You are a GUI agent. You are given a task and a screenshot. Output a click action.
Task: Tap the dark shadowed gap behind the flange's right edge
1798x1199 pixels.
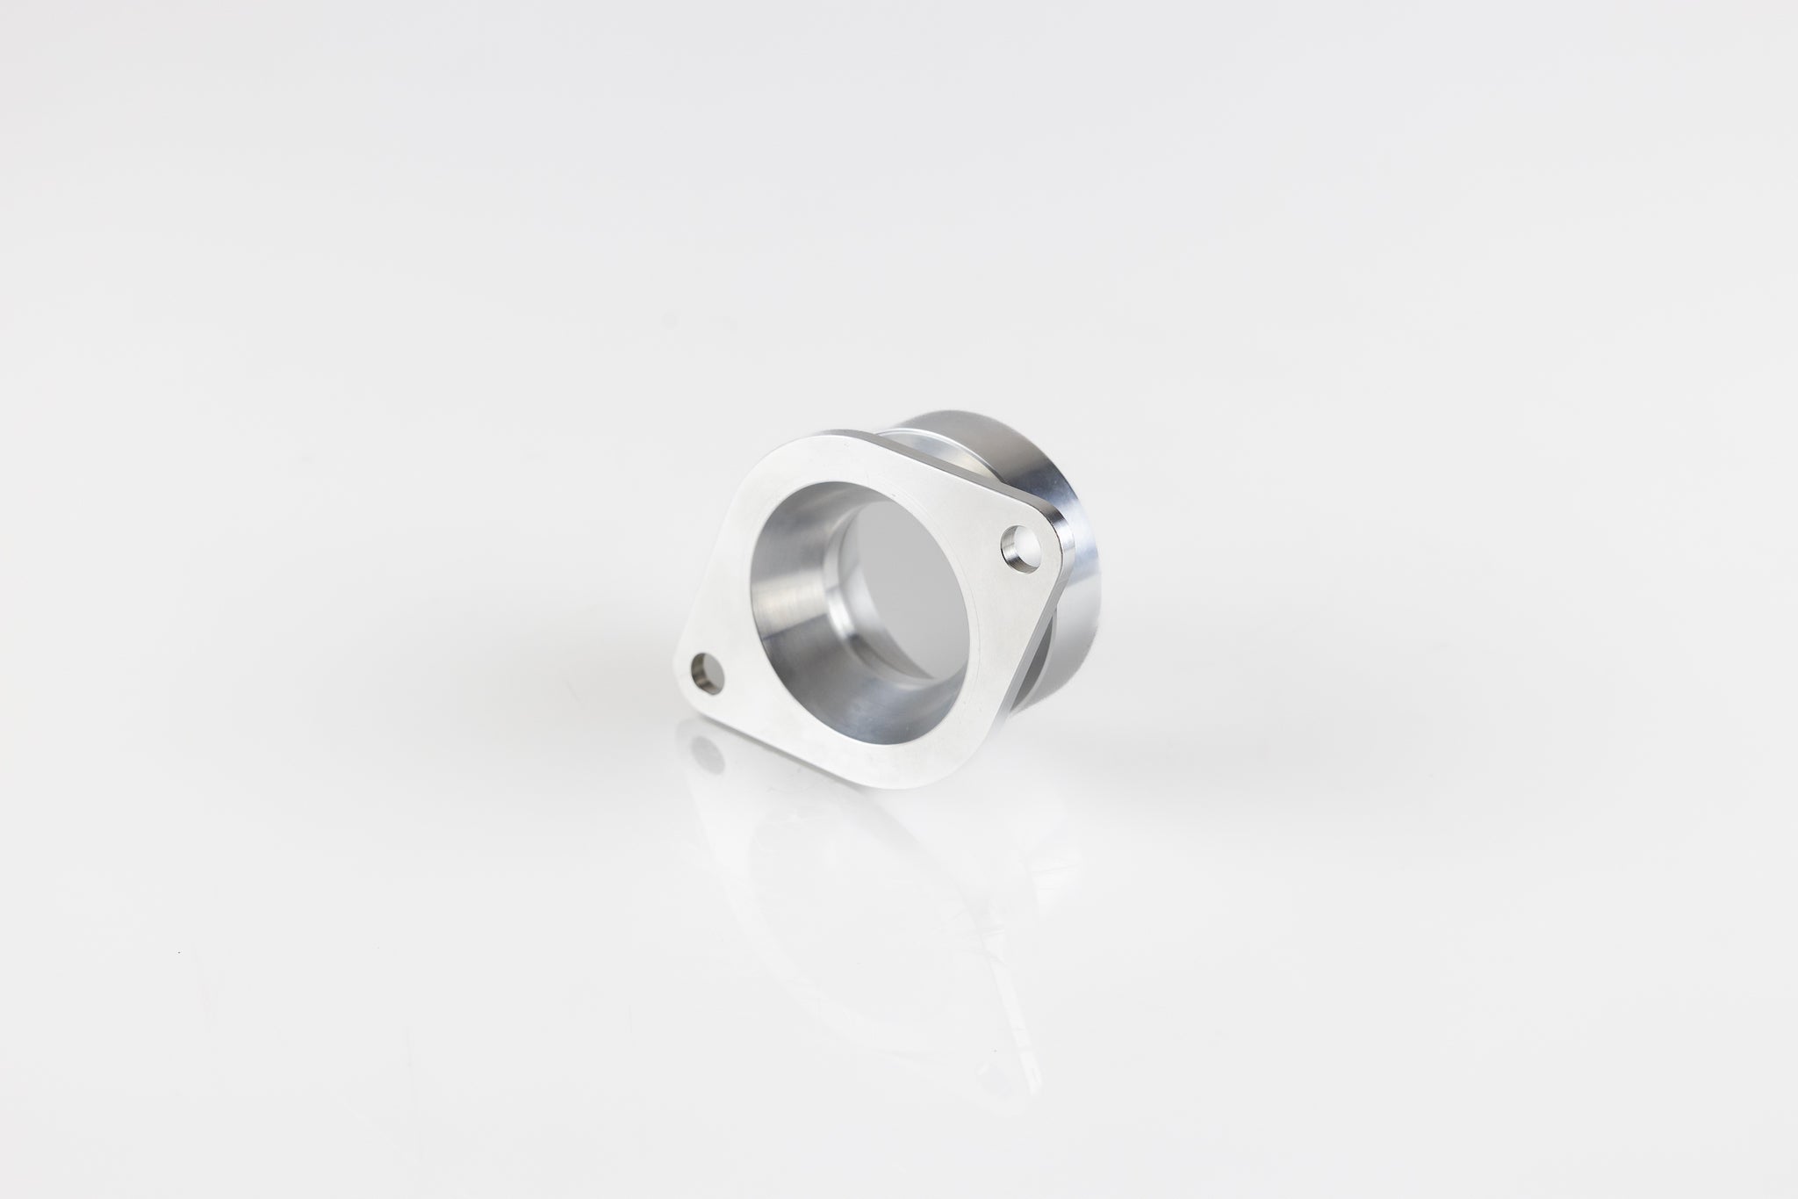1054,659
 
